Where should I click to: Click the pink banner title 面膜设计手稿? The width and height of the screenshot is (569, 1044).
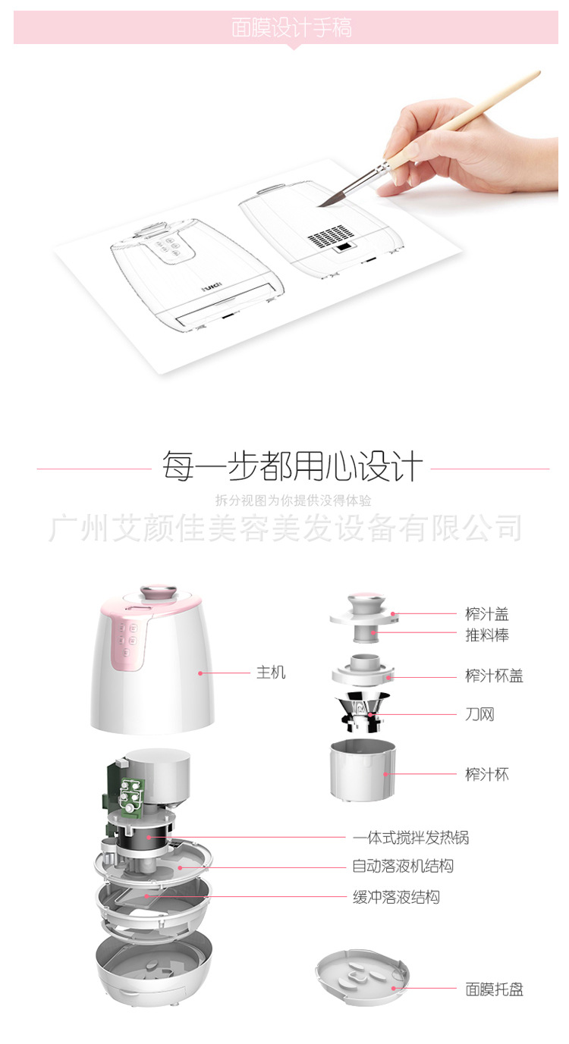[x=291, y=27]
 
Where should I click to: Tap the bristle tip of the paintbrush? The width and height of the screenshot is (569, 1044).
[x=319, y=205]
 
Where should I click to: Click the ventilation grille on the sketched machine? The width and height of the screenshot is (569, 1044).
[x=330, y=236]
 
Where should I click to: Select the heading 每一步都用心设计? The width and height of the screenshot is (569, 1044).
[x=292, y=466]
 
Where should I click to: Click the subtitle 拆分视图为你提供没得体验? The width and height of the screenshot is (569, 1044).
[x=293, y=500]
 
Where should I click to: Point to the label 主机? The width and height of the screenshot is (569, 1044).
[x=271, y=672]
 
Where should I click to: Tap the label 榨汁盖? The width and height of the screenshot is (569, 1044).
[x=487, y=614]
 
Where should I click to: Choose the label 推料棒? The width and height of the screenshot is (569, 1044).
[x=487, y=635]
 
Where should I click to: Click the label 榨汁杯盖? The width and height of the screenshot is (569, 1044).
[x=494, y=676]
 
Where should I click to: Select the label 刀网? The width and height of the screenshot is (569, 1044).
[x=479, y=714]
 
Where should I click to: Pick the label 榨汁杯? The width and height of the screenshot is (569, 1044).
[x=487, y=774]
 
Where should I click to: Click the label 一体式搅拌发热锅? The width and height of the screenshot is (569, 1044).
[x=411, y=838]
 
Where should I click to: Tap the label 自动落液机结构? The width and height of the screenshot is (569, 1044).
[x=403, y=866]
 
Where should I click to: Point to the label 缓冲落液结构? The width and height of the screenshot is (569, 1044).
[x=396, y=897]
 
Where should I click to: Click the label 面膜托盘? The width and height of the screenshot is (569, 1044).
[x=494, y=989]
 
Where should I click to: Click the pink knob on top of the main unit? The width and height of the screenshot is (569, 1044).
[x=159, y=592]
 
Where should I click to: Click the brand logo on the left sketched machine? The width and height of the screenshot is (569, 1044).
[x=212, y=287]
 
